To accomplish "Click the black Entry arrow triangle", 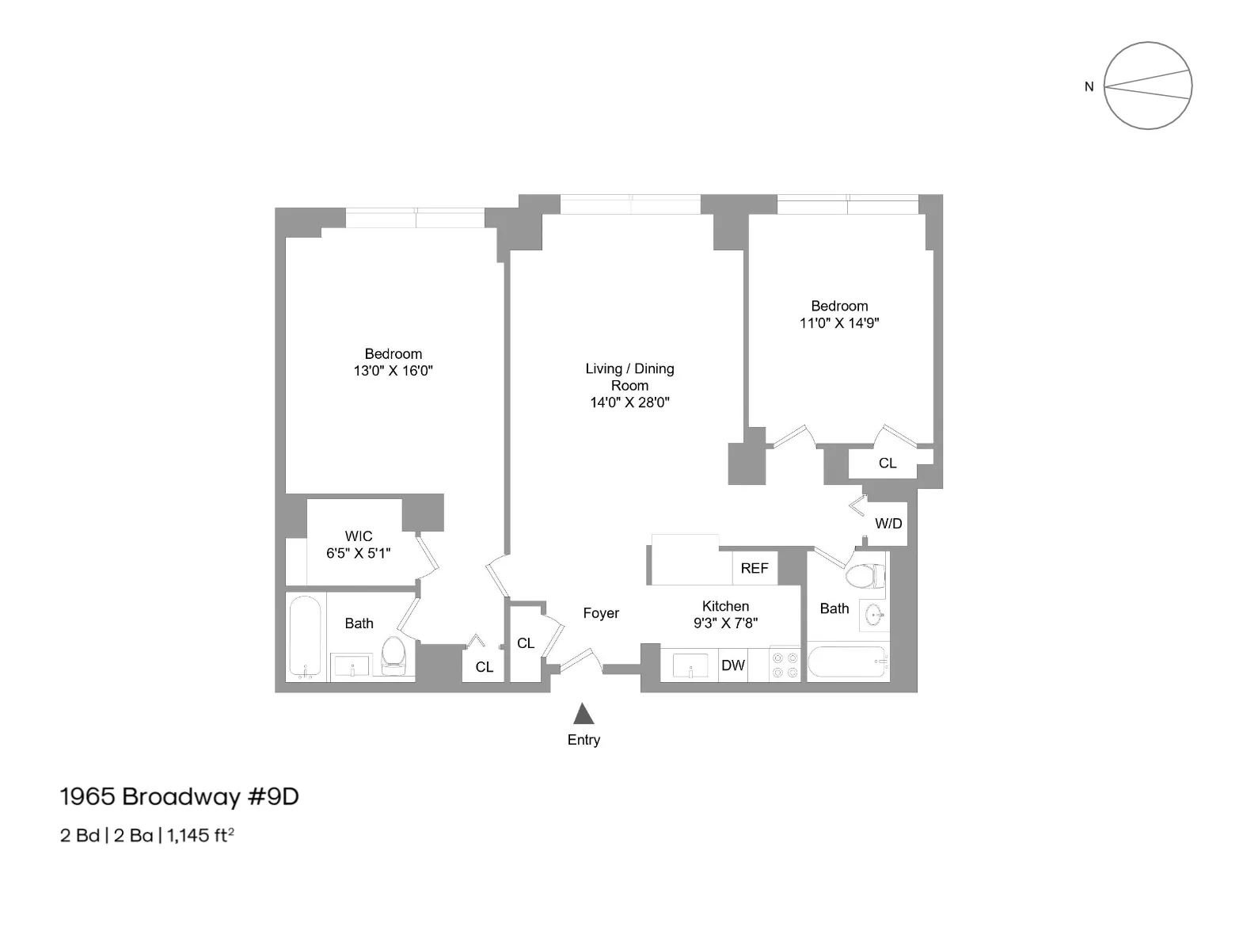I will (583, 715).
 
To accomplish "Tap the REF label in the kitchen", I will (754, 568).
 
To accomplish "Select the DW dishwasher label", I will (732, 665).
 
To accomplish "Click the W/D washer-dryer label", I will (888, 524).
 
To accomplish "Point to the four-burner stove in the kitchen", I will (785, 665).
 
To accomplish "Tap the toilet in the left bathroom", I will (393, 656).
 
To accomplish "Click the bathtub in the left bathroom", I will (305, 638).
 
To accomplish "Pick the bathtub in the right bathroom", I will (846, 662).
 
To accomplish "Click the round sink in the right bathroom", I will (874, 614).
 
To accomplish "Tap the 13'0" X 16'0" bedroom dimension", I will (393, 371).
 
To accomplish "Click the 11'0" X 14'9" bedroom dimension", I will (839, 323).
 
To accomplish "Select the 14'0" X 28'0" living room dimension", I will (629, 402).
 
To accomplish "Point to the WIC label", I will (358, 536).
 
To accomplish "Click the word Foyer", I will (601, 613).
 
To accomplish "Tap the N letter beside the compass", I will (1089, 87).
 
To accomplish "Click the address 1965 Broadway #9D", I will (180, 797).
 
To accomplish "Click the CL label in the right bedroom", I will (887, 463).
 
